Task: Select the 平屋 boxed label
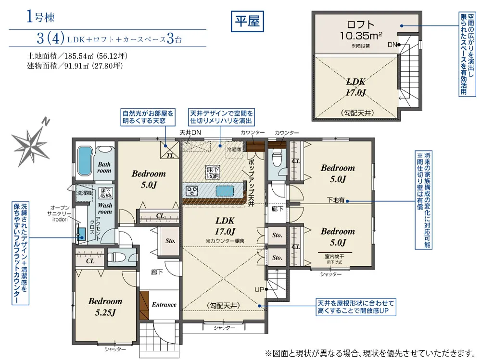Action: point(247,21)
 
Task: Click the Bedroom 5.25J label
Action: point(105,307)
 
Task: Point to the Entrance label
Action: point(164,305)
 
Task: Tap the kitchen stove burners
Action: point(192,191)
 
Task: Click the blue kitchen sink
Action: point(225,191)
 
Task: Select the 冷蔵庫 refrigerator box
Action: point(234,149)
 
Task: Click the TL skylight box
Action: point(170,150)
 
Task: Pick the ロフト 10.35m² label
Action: point(361,30)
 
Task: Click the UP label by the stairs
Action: point(259,289)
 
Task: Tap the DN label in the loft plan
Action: point(392,45)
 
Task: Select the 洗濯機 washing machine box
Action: point(84,193)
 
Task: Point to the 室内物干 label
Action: point(334,256)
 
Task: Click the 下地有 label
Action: point(336,200)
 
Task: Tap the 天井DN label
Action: point(190,133)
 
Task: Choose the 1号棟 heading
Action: point(40,16)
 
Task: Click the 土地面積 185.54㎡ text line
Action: point(77,56)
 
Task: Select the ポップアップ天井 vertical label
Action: point(251,183)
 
